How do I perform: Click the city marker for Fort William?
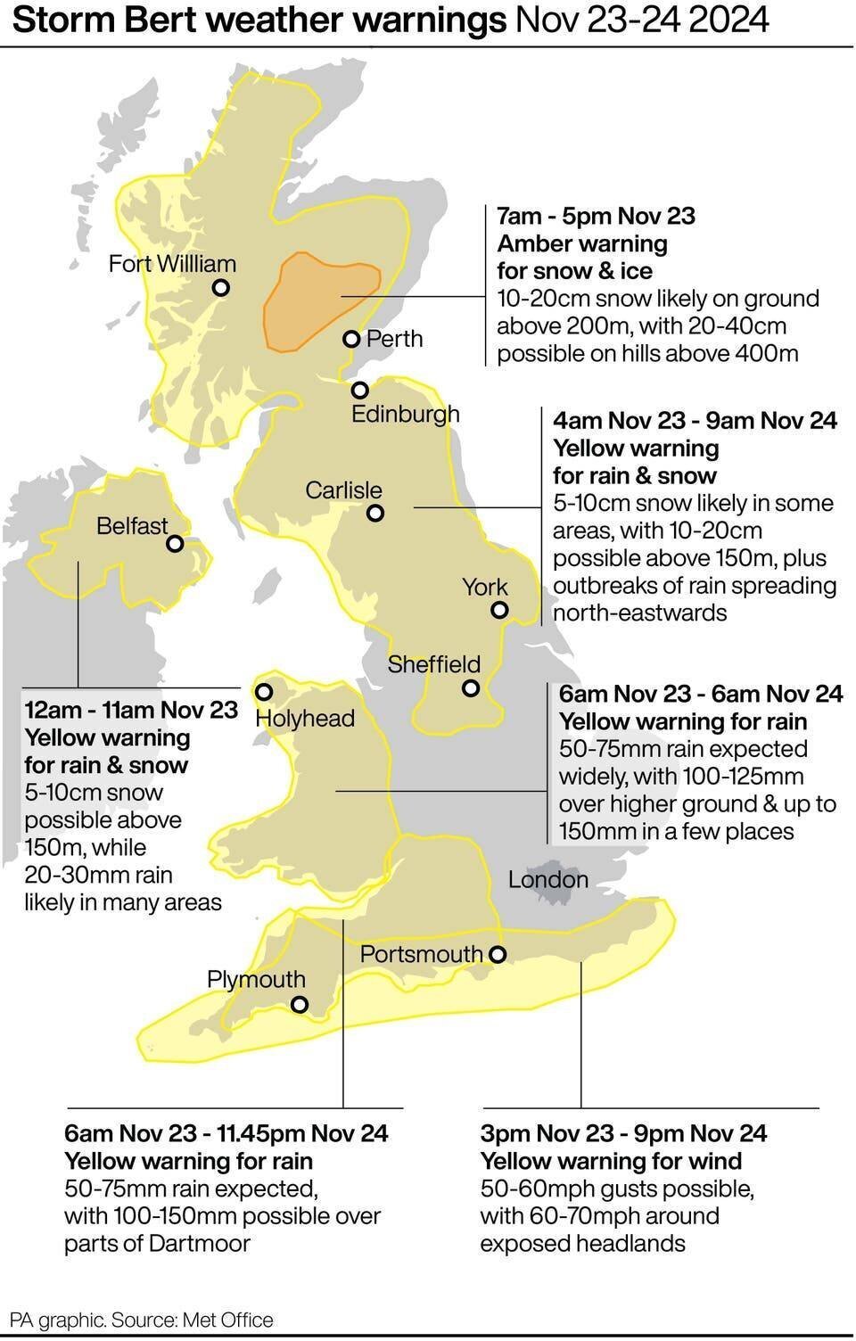coord(221,288)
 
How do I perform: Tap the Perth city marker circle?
coord(351,339)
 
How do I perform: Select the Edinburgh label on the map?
coord(405,414)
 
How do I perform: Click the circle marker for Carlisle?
coord(375,513)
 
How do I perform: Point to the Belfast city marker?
coord(176,543)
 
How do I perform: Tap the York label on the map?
coord(484,587)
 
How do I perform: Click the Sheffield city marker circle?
coord(471,688)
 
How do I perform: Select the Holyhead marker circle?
coord(264,692)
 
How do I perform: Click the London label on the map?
coord(547,880)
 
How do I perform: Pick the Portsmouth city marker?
coord(498,955)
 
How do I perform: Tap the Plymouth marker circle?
coord(300,1005)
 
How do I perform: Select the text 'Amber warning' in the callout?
coord(581,243)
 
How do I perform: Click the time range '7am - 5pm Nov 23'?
coord(596,216)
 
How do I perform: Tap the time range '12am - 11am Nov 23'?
coord(131,710)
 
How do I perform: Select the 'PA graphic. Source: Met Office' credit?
coord(141,1320)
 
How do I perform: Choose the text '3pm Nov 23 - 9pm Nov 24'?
coord(622,1133)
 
